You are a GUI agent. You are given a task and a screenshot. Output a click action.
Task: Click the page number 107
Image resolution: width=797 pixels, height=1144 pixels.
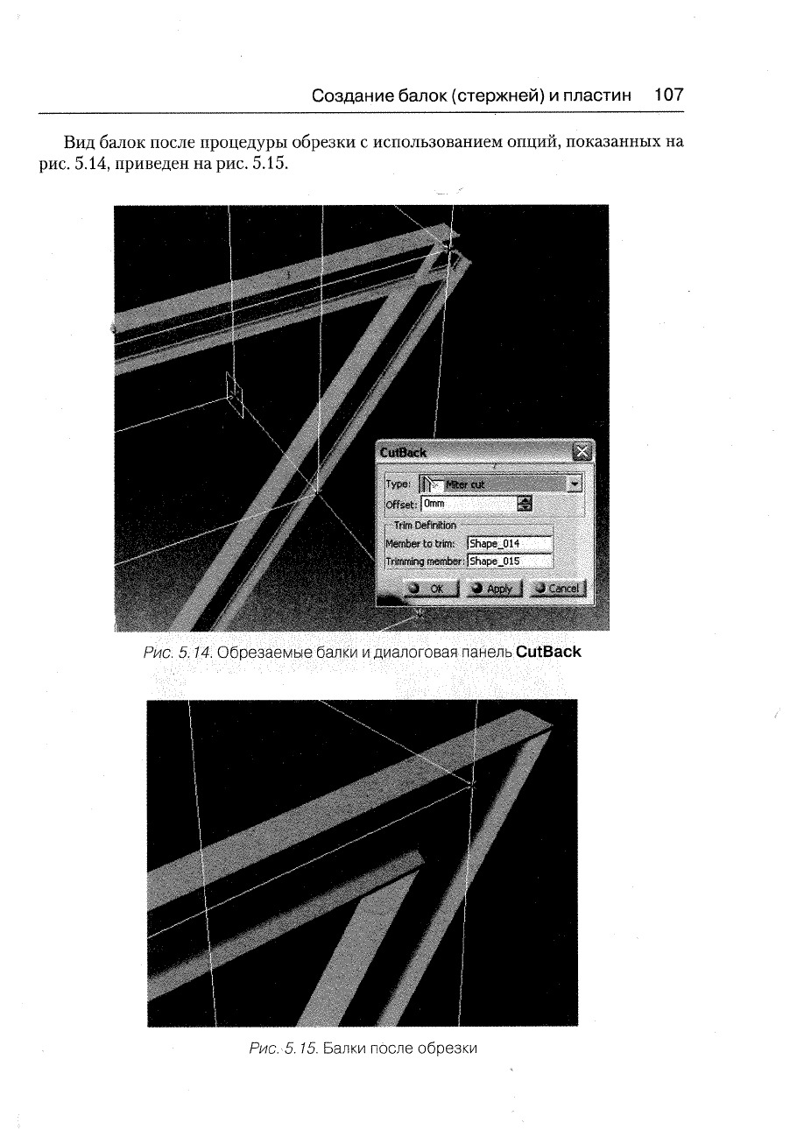[x=669, y=95]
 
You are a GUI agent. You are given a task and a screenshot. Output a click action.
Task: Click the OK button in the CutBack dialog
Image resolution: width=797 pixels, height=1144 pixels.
[x=432, y=589]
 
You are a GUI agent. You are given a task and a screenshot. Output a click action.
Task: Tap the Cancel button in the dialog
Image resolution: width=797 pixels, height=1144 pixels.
[x=558, y=589]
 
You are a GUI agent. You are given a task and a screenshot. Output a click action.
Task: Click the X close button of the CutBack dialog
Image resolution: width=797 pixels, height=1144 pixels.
[x=582, y=452]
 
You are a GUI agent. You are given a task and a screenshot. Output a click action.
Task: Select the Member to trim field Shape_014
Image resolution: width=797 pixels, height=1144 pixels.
[x=510, y=543]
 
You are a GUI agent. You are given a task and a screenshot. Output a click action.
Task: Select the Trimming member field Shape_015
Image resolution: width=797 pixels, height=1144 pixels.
[x=510, y=561]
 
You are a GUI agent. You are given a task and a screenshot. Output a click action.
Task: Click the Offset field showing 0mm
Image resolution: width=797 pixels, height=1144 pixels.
[x=469, y=504]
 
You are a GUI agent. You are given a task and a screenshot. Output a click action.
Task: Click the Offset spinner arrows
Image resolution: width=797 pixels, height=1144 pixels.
[x=525, y=504]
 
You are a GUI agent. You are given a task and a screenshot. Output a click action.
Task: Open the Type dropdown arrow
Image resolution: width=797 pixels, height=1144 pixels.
[x=575, y=484]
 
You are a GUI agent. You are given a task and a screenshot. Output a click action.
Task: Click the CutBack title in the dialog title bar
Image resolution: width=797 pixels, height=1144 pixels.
[x=403, y=453]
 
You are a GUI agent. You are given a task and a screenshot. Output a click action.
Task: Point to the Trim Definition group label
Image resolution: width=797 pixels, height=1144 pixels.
[x=425, y=525]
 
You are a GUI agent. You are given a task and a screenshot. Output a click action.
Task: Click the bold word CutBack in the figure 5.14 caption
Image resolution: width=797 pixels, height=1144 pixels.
[x=548, y=652]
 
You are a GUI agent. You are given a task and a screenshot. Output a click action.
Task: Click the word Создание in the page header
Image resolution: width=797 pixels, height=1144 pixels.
[x=352, y=95]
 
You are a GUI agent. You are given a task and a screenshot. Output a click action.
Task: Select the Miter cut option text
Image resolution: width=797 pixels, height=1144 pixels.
[x=464, y=484]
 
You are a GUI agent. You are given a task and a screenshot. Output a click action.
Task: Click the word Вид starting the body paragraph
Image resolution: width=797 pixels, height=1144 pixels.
[x=79, y=142]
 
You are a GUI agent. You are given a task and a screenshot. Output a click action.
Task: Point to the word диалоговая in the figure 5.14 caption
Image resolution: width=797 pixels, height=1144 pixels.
[x=416, y=653]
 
